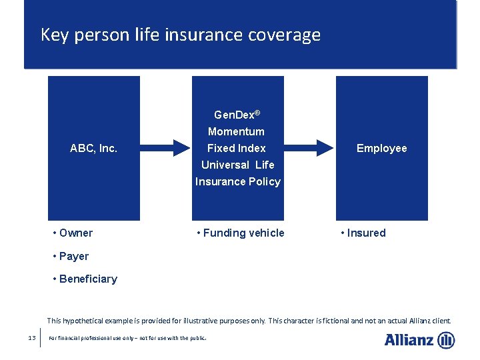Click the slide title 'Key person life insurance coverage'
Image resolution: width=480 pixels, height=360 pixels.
pos(180,35)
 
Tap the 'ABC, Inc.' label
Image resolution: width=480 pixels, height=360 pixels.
pos(93,148)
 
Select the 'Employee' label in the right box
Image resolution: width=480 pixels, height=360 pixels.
pos(381,148)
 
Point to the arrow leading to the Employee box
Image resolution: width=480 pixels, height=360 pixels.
pos(309,148)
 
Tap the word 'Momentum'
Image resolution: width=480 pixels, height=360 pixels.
pos(236,131)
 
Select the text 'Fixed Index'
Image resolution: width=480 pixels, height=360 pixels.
pos(236,148)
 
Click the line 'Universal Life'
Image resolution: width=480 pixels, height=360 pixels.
pos(237,165)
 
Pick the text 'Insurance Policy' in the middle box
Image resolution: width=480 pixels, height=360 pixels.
pos(238,181)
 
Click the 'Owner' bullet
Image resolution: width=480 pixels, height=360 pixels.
pos(75,233)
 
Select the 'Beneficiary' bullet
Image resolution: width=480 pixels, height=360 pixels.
pos(87,279)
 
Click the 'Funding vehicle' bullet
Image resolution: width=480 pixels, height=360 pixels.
pos(243,233)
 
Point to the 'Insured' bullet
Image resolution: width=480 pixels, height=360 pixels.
pos(366,233)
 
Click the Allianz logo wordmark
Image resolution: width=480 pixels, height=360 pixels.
pos(409,340)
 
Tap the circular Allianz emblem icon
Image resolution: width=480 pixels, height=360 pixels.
pos(446,340)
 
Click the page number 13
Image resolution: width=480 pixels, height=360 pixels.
pos(32,338)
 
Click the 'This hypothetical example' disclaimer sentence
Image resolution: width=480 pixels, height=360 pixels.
pos(249,320)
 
